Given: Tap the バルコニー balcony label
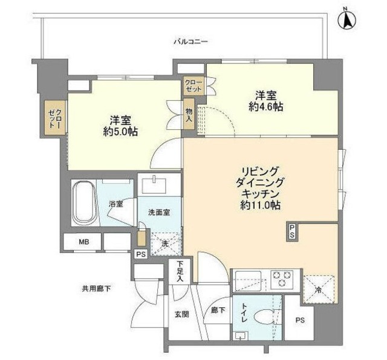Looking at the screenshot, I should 191,42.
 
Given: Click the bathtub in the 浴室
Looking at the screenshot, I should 83,204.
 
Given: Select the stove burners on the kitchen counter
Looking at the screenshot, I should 281,279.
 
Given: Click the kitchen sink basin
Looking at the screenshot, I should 248,280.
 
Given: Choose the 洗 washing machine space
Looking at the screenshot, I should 164,243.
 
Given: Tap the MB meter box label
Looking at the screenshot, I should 83,242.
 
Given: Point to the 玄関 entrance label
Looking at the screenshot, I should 182,315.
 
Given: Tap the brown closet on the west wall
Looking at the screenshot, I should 56,118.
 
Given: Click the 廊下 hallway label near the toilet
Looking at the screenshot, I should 218,310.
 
